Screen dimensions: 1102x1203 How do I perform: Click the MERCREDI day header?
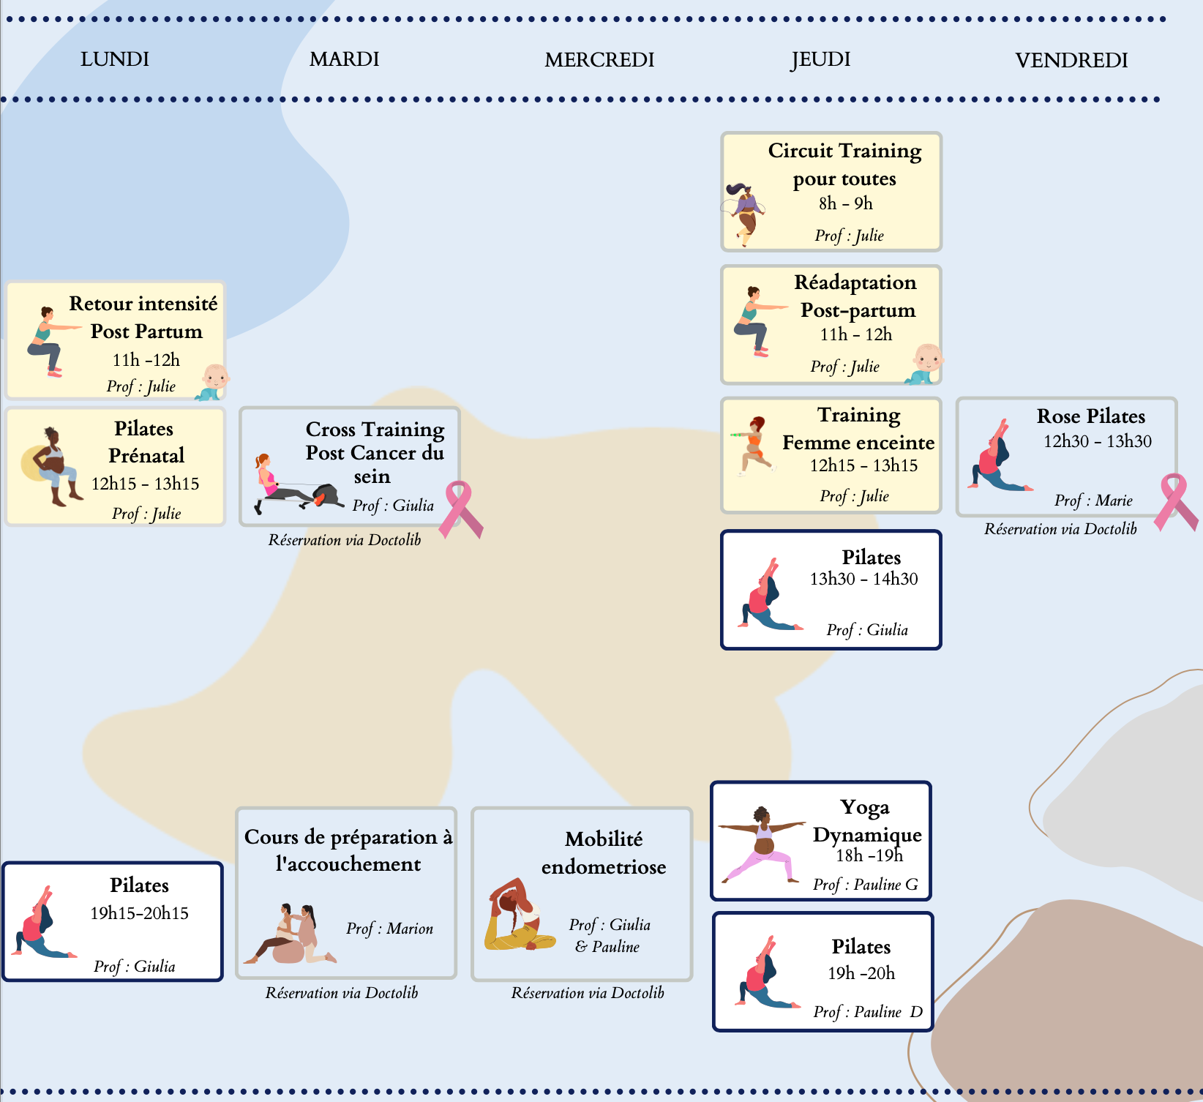point(599,60)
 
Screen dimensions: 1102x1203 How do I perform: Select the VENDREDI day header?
point(1071,60)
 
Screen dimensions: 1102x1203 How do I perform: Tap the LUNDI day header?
point(115,59)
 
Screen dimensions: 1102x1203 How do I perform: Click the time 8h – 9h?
point(846,203)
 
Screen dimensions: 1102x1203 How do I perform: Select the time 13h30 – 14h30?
point(863,579)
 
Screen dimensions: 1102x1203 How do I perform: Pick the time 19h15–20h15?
point(139,913)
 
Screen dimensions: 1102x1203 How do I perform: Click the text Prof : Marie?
point(1093,501)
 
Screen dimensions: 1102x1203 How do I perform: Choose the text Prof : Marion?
point(389,929)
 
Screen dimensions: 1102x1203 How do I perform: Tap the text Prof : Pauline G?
point(865,885)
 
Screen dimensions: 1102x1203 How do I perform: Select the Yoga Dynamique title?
point(866,821)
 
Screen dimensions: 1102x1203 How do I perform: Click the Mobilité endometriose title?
point(604,852)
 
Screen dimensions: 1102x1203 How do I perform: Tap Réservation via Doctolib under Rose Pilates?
point(1060,529)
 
